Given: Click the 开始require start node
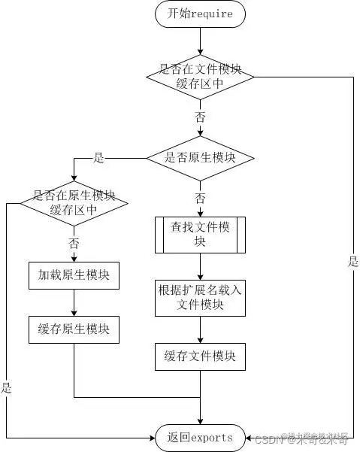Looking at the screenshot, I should [200, 14].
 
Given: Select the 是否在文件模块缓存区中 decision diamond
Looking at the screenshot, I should [200, 76].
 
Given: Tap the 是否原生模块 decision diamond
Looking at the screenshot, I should [200, 158].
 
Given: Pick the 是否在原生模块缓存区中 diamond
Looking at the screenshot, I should [74, 202].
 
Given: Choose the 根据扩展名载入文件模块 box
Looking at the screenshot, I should [200, 297].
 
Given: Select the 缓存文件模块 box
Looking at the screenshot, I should [200, 356].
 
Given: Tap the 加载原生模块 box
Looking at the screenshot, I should [74, 275].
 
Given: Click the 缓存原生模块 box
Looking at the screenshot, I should [74, 329].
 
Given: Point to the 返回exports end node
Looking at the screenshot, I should [200, 437].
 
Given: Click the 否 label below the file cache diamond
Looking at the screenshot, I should [200, 117].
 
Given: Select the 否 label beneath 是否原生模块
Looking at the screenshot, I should [200, 198].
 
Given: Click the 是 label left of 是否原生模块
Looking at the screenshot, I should [98, 158].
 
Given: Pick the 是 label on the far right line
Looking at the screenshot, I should [352, 262].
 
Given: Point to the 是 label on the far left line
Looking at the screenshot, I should [7, 388].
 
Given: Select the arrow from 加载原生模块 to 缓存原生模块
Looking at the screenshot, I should [74, 302].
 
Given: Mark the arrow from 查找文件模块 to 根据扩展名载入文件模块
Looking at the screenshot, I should [200, 268].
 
